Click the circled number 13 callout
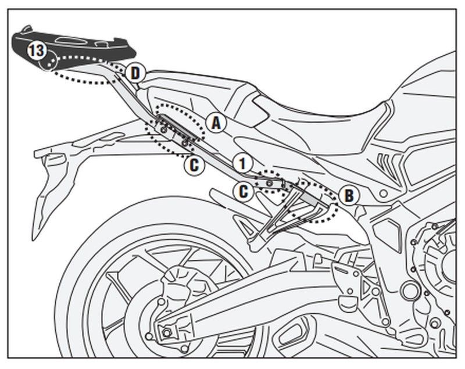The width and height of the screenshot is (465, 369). pos(35,51)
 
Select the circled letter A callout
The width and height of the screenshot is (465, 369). pos(216,123)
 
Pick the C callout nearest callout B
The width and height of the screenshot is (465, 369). pos(244,190)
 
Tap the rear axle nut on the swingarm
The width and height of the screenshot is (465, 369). pos(168,332)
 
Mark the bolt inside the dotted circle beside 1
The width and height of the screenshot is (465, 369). pos(269,183)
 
